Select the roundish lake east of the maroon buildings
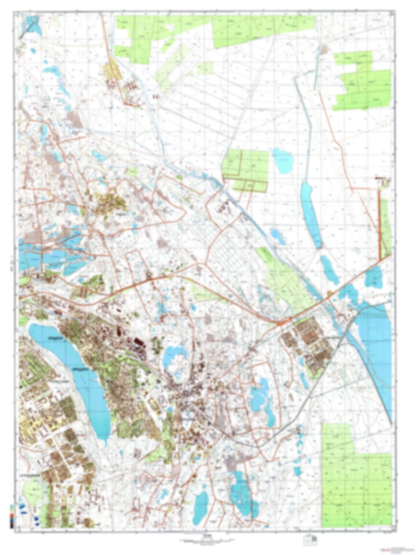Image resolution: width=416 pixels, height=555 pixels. [173, 356]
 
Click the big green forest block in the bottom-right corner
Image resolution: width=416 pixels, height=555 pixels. [357, 484]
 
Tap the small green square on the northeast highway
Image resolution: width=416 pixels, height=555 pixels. [329, 293]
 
